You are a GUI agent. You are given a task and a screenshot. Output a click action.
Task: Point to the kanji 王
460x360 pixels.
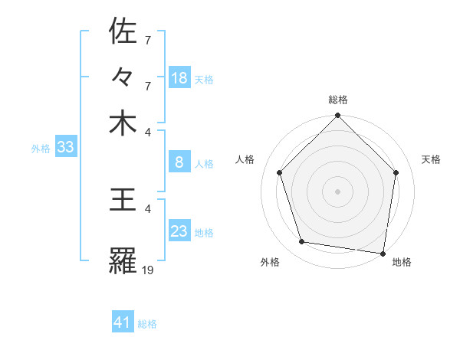pos(123,200)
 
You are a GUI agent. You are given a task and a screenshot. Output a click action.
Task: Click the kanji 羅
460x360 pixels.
pos(123,261)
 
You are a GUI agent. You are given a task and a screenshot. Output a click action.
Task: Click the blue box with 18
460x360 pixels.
pos(179,77)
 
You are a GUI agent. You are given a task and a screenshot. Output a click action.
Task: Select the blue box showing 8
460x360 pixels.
pos(179,162)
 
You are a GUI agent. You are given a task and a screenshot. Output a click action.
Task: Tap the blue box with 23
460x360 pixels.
pos(179,231)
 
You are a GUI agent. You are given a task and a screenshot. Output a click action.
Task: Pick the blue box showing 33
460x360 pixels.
pos(64,147)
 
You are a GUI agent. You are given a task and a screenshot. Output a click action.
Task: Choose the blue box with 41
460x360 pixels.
pos(123,322)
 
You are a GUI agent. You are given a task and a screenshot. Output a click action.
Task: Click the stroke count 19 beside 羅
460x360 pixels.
pos(148,269)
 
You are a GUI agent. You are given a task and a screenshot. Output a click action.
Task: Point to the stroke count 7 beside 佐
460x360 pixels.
pos(148,38)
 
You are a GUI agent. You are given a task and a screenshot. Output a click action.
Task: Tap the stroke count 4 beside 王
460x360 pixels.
pos(148,208)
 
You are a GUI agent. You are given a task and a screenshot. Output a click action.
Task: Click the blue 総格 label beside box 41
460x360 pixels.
pos(147,324)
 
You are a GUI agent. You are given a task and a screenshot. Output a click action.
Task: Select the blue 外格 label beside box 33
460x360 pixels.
pos(41,149)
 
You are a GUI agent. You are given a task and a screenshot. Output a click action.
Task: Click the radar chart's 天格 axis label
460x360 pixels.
pos(431,159)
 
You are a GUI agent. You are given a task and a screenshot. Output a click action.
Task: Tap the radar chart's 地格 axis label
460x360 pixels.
pos(402,262)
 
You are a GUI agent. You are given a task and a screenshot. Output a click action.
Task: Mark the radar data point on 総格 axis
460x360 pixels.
pos(337,116)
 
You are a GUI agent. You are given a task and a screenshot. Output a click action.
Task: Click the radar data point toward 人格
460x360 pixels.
pos(280,172)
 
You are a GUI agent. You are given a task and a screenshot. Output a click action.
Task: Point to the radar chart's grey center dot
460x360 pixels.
pos(337,191)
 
